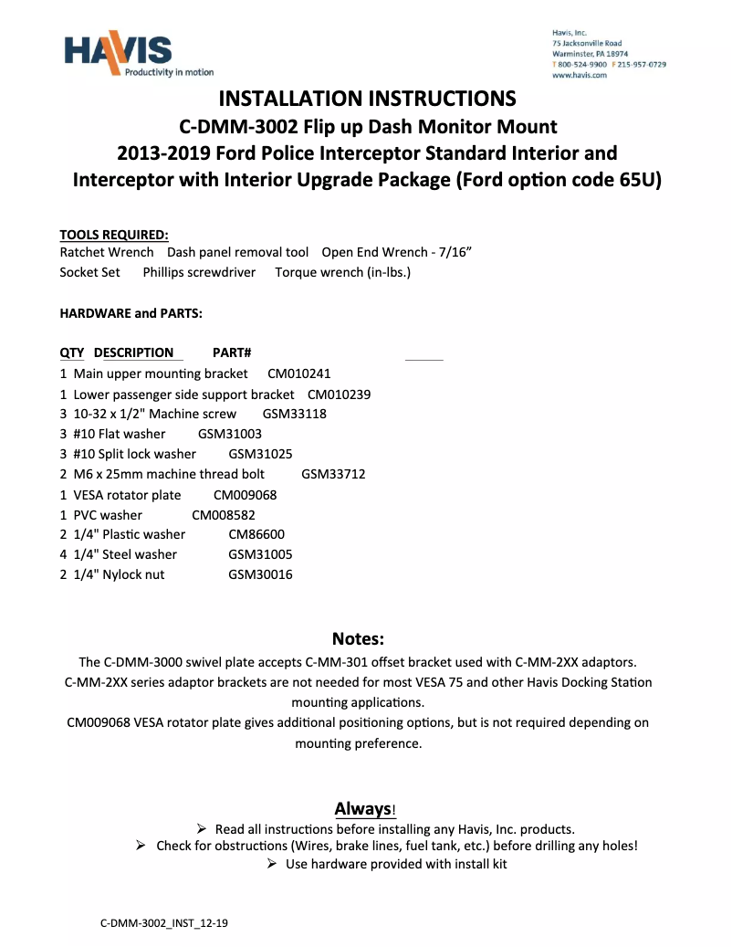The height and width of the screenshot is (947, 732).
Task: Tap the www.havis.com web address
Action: point(580,76)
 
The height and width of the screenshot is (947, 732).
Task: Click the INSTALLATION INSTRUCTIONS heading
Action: point(368,99)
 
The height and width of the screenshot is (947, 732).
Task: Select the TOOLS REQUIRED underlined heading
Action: point(113,235)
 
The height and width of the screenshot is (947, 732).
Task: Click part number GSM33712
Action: point(333,474)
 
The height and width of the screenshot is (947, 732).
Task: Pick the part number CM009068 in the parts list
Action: point(245,494)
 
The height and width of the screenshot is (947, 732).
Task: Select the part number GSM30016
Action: point(260,574)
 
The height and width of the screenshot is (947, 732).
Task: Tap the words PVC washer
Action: point(108,514)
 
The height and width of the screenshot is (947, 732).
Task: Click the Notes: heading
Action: point(358,637)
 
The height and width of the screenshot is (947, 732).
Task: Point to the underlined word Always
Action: point(361,808)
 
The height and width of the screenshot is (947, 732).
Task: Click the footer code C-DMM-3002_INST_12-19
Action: point(164,923)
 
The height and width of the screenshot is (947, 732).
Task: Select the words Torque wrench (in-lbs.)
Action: point(342,272)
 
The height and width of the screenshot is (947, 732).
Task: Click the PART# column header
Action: point(232,352)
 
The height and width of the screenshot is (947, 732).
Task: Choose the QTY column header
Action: point(71,352)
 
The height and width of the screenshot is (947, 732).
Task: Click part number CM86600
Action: point(258,534)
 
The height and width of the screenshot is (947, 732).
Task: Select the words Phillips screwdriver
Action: point(199,272)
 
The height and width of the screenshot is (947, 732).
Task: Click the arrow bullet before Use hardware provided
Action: point(272,864)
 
